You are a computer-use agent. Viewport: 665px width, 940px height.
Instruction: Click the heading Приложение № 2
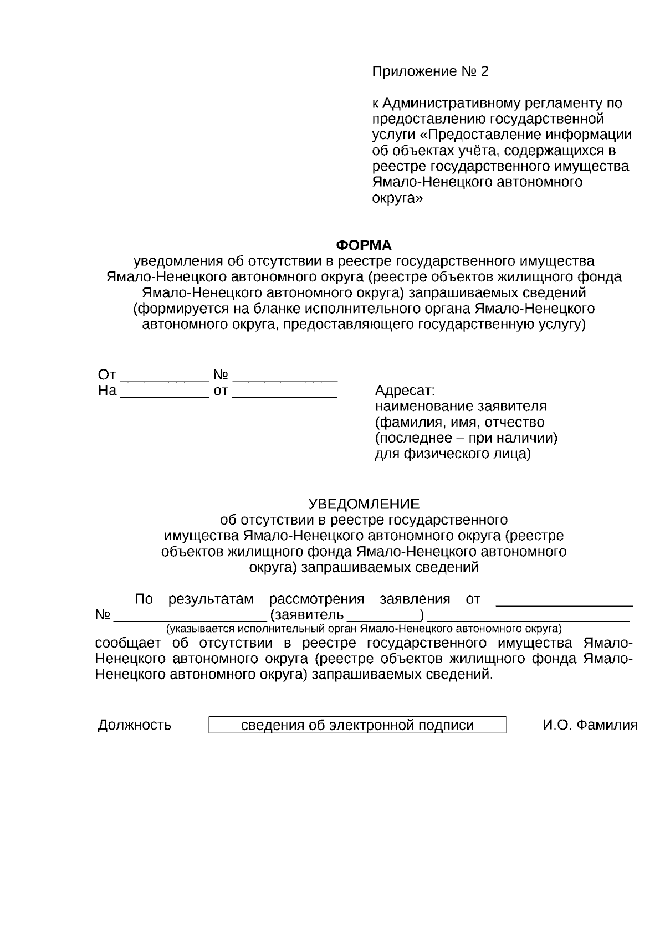[431, 71]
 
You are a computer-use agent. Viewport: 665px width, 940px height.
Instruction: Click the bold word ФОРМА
[364, 245]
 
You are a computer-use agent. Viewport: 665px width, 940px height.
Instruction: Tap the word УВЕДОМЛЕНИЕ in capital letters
[364, 504]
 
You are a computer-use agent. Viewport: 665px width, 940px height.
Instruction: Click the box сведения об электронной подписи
[357, 725]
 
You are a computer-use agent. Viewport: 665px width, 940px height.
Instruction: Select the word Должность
[135, 725]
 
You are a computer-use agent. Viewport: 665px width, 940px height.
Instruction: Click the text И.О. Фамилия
[590, 725]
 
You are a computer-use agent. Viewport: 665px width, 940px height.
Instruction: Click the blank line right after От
[164, 377]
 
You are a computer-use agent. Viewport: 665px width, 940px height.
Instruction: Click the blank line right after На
[164, 392]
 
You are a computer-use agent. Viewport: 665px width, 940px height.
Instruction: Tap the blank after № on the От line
[285, 377]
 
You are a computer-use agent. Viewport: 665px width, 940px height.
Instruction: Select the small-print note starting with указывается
[364, 629]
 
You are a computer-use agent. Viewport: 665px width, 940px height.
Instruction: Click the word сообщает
[129, 643]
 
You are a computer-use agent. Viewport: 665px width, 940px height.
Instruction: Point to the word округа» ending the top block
[397, 198]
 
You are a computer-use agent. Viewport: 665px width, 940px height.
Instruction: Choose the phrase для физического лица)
[453, 454]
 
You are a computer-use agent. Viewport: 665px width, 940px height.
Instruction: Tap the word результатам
[211, 599]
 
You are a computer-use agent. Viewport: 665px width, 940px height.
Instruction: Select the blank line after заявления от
[564, 602]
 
